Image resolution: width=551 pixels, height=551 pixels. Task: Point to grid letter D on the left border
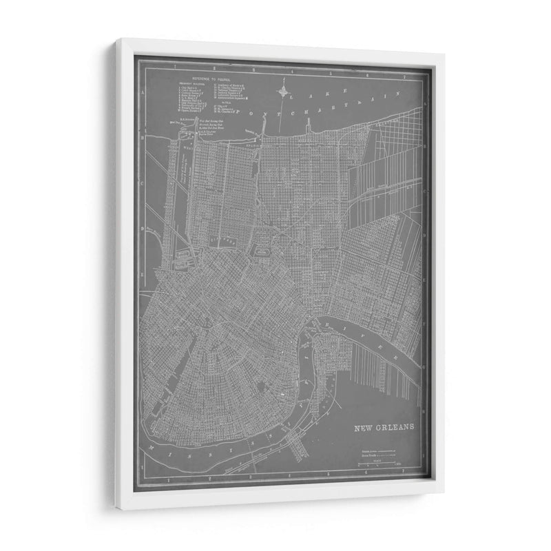pos(143,229)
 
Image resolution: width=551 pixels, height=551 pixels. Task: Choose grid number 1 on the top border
pos(176,68)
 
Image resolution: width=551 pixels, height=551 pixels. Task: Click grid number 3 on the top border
pos(254,69)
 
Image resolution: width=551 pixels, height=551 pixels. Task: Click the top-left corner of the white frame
pos(116,40)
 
